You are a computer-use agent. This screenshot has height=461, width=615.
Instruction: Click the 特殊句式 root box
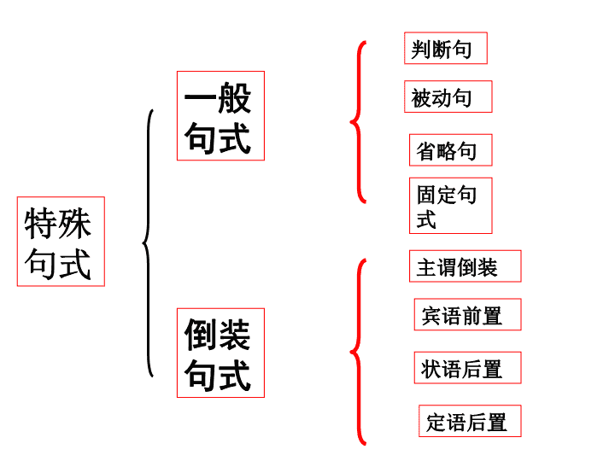click(x=61, y=242)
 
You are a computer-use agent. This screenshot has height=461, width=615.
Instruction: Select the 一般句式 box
click(x=221, y=115)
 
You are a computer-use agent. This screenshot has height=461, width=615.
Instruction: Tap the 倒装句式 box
click(x=221, y=353)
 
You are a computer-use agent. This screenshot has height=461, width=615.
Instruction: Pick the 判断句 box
click(x=446, y=48)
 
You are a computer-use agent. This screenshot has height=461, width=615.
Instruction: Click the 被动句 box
click(x=448, y=96)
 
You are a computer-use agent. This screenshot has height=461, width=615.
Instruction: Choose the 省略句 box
click(x=451, y=150)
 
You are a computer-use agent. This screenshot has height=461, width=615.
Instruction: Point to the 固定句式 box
click(x=451, y=206)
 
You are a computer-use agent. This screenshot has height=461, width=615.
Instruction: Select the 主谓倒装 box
click(x=466, y=266)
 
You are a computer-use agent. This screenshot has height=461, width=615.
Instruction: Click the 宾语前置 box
click(x=467, y=314)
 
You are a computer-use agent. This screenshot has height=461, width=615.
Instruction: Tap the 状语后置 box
click(x=467, y=368)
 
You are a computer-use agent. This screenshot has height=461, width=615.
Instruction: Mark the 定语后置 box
click(x=470, y=421)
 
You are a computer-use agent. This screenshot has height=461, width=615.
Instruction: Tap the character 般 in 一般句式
click(x=235, y=98)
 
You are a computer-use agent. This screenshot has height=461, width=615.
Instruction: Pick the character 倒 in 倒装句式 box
click(x=201, y=335)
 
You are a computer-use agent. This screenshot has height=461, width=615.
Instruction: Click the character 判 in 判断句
click(x=421, y=50)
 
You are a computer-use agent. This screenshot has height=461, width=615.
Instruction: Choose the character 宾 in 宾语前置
click(x=431, y=316)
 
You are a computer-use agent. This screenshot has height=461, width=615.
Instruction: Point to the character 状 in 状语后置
click(x=431, y=369)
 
